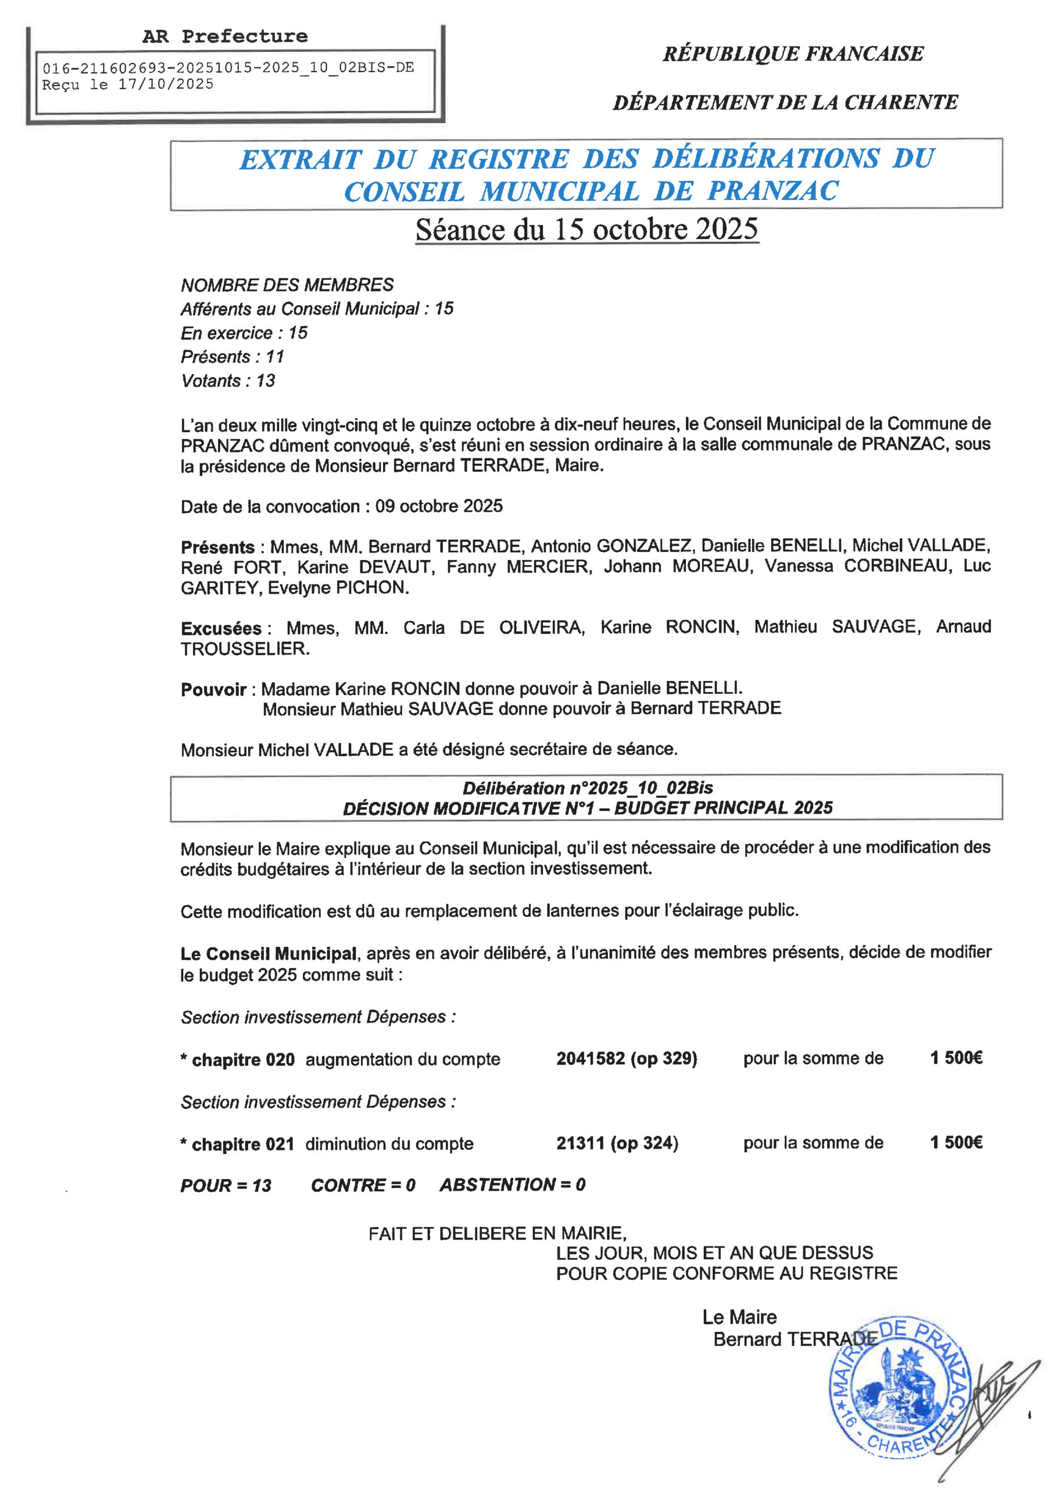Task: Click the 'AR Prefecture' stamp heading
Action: coord(225,36)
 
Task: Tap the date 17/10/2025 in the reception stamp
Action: coord(165,84)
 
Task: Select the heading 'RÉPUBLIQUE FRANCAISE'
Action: coord(793,53)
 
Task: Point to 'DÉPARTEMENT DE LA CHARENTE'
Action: coord(785,102)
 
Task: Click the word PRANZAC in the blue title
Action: coord(772,191)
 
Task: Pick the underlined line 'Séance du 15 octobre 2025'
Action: coord(586,230)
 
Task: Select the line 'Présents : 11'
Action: coord(232,357)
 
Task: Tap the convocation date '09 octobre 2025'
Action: coord(439,506)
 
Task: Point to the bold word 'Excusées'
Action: coord(221,628)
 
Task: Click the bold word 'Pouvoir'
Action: coord(213,689)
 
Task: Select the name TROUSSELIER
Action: coord(244,649)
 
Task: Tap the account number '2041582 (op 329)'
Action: coord(626,1059)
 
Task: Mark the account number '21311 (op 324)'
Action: coord(617,1143)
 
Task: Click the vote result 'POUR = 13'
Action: coord(226,1185)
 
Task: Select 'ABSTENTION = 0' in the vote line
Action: coord(512,1185)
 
